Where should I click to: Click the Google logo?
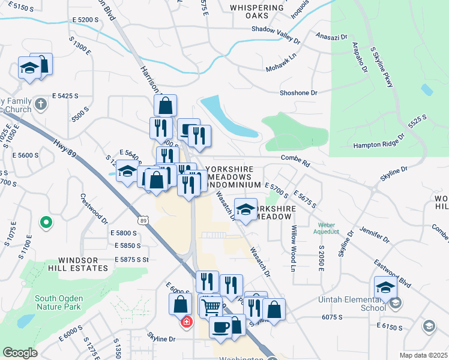(20, 353)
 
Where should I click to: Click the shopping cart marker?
(211, 307)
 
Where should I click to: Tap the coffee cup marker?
(220, 327)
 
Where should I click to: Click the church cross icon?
(41, 104)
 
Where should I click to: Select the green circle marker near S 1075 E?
(46, 223)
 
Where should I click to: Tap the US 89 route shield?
(143, 220)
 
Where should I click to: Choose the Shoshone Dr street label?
(298, 93)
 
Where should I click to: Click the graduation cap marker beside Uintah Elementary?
(385, 287)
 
